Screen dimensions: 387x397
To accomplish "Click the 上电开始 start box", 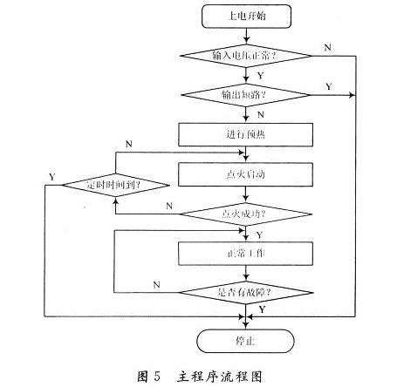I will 248,16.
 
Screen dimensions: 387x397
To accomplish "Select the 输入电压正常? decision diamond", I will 248,56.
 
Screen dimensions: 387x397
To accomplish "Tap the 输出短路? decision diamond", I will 248,92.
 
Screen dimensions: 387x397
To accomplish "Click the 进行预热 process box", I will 248,133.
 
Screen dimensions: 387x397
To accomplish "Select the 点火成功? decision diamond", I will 248,212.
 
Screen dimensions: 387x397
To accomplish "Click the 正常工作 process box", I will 248,253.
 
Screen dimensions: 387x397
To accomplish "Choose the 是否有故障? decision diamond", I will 248,292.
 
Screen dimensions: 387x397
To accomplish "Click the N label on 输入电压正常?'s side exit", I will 327,46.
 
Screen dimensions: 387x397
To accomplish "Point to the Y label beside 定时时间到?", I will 51,177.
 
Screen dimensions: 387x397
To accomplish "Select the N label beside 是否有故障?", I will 156,284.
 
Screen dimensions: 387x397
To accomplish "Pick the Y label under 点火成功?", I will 257,234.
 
